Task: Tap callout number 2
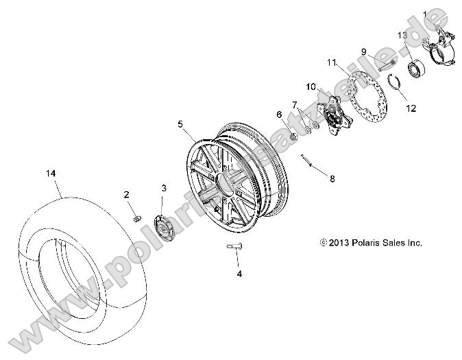pos(127,195)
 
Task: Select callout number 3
pos(163,187)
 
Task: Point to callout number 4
pos(239,274)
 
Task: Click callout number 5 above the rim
pos(180,124)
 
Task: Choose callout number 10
pos(311,87)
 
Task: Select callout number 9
pos(365,50)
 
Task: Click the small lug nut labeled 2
pos(137,218)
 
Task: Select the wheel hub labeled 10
pos(335,121)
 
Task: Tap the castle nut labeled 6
pos(291,134)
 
